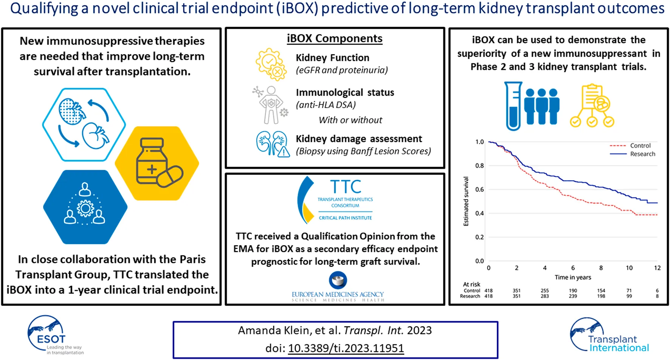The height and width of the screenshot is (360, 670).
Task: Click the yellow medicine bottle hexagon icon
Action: (157, 163)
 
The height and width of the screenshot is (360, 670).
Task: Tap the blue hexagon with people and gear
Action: (85, 206)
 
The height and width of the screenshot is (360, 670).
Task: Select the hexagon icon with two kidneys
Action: (84, 124)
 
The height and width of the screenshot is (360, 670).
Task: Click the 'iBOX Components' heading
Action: (335, 39)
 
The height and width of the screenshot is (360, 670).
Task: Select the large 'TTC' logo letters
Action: (346, 187)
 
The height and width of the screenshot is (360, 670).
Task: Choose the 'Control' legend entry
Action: (640, 146)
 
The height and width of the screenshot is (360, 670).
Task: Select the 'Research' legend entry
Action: (642, 154)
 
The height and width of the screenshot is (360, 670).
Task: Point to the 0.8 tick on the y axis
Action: (479, 166)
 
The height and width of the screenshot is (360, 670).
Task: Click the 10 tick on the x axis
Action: (629, 268)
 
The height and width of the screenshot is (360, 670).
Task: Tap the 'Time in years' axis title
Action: (573, 277)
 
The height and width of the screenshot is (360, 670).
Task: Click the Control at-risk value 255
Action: (544, 290)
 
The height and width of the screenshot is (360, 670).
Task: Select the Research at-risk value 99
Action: (629, 296)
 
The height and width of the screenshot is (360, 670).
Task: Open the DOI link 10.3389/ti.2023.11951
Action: (346, 348)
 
